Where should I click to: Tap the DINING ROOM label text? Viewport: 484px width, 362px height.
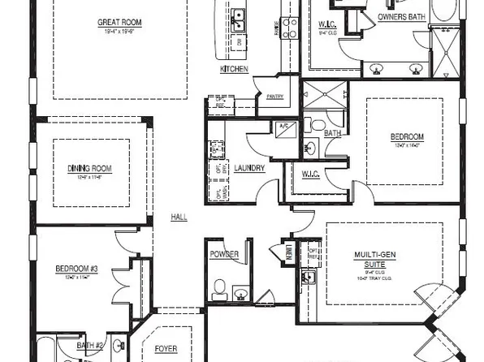[89, 168]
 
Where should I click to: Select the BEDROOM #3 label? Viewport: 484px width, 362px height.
[76, 269]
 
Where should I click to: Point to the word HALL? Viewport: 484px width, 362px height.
[179, 218]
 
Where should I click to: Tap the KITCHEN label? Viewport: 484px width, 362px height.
[233, 70]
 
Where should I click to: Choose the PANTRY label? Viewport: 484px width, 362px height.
[274, 97]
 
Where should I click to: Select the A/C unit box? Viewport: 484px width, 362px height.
[284, 127]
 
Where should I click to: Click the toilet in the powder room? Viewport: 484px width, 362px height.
[218, 287]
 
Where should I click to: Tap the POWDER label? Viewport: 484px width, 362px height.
[224, 254]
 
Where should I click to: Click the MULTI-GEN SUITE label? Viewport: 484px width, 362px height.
[374, 259]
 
